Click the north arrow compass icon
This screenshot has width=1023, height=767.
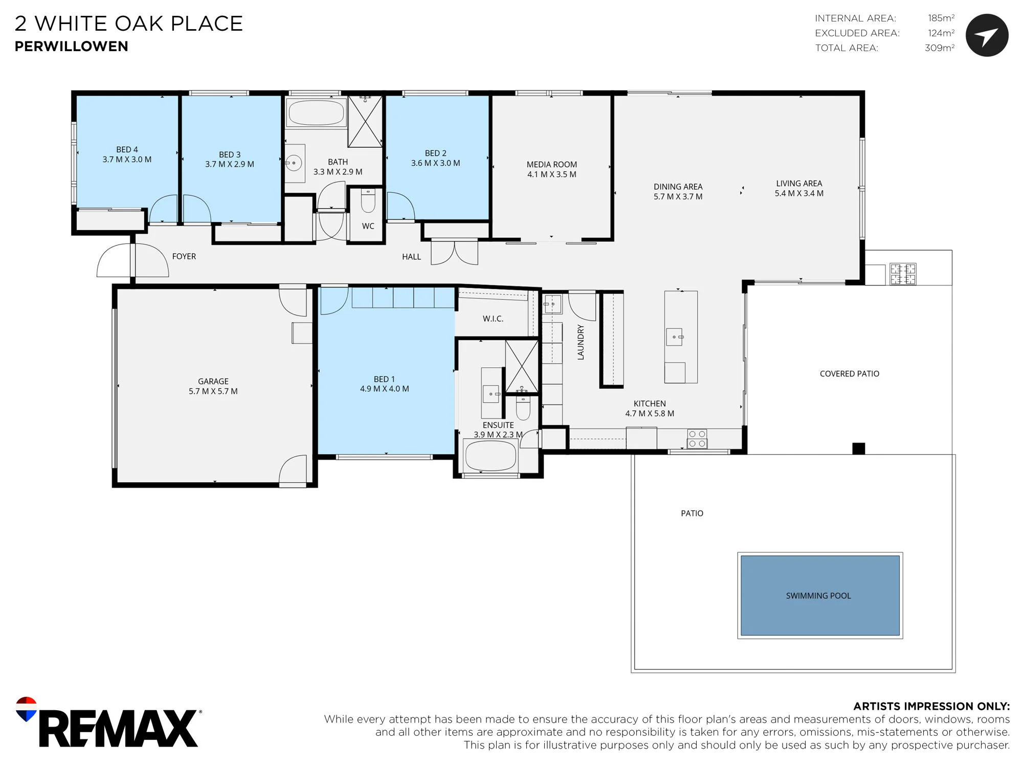coord(987,35)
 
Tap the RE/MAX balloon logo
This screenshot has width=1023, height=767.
coord(26,709)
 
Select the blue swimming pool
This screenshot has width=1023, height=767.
coord(820,595)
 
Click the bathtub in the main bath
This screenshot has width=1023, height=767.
coord(316,112)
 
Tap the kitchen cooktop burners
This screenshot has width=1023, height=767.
coord(697,439)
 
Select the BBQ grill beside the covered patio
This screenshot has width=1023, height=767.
coord(903,274)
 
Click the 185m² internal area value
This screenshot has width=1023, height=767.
coord(941,18)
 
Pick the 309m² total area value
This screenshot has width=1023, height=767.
coord(940,48)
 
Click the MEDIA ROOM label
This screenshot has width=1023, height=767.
coord(552,165)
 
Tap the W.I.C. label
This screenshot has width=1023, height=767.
coord(493,319)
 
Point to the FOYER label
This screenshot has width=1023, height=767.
coord(184,257)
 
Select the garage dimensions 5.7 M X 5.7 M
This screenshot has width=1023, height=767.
coord(213,392)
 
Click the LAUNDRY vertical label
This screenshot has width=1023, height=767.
coord(581,342)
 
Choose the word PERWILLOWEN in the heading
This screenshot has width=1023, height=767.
coord(72,47)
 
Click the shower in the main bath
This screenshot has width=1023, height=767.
coord(365,121)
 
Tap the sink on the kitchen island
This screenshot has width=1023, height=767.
coord(674,337)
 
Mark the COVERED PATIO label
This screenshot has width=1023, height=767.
coord(850,374)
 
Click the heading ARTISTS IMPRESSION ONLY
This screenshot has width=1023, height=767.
coord(931,706)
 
